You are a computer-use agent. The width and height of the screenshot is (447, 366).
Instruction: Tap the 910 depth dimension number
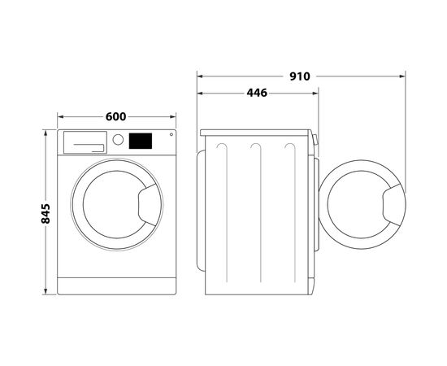pyautogui.click(x=299, y=76)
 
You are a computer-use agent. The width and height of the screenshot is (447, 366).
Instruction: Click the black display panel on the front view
pyautogui.click(x=141, y=141)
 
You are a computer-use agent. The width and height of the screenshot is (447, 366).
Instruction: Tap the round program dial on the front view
pyautogui.click(x=118, y=140)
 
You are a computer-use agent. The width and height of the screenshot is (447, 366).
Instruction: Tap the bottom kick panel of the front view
pyautogui.click(x=118, y=286)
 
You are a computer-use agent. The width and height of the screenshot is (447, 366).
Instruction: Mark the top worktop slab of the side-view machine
pyautogui.click(x=255, y=132)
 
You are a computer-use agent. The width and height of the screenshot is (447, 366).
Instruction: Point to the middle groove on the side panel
pyautogui.click(x=256, y=203)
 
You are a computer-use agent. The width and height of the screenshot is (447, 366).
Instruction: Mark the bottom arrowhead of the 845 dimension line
pyautogui.click(x=46, y=294)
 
